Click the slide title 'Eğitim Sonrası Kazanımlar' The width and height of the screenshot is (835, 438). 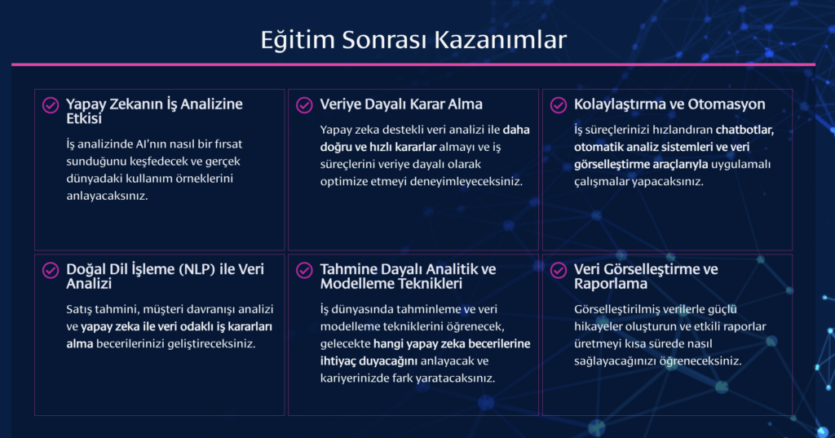click(x=413, y=40)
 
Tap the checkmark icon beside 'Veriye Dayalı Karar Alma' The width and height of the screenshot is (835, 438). click(x=305, y=105)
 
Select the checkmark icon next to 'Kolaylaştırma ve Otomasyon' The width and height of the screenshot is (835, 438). click(x=559, y=105)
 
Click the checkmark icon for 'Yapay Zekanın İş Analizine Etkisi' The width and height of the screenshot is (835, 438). click(x=51, y=105)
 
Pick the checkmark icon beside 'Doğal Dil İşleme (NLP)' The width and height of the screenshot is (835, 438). click(x=51, y=270)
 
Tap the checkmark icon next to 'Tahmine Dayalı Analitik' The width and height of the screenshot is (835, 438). click(x=305, y=270)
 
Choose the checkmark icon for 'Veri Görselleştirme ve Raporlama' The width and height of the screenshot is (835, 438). click(x=559, y=270)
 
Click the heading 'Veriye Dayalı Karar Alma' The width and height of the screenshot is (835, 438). click(x=401, y=104)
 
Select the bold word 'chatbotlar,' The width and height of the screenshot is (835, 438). click(x=744, y=130)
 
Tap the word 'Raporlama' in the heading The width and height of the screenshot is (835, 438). click(x=611, y=284)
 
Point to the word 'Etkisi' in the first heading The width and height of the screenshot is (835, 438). click(x=84, y=119)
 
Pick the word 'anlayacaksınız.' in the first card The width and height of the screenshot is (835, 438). click(x=107, y=196)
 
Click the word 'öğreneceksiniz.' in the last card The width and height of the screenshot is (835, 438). click(x=700, y=361)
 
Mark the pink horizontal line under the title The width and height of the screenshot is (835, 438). click(x=413, y=64)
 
